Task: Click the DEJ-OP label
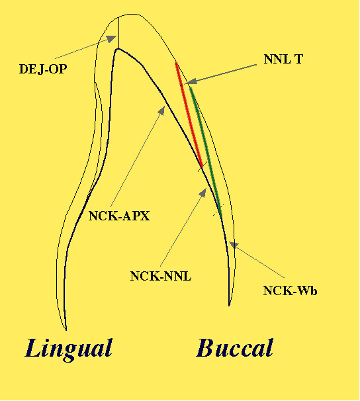coord(43,69)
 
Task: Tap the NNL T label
coord(283,59)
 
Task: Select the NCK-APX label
coord(119,216)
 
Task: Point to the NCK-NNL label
coord(161,277)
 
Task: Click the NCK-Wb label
coord(291,290)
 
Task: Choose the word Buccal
coord(235,348)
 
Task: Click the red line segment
coord(189,115)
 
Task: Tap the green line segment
coord(206,152)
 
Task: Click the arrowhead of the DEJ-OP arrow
coord(112,39)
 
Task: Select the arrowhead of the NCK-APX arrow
coord(162,111)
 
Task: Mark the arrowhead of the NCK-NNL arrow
coord(203,193)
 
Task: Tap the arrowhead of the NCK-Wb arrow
coord(234,245)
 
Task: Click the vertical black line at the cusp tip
coord(118,32)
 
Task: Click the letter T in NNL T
coord(298,59)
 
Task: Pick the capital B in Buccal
coord(206,348)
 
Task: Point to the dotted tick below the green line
coord(218,210)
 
